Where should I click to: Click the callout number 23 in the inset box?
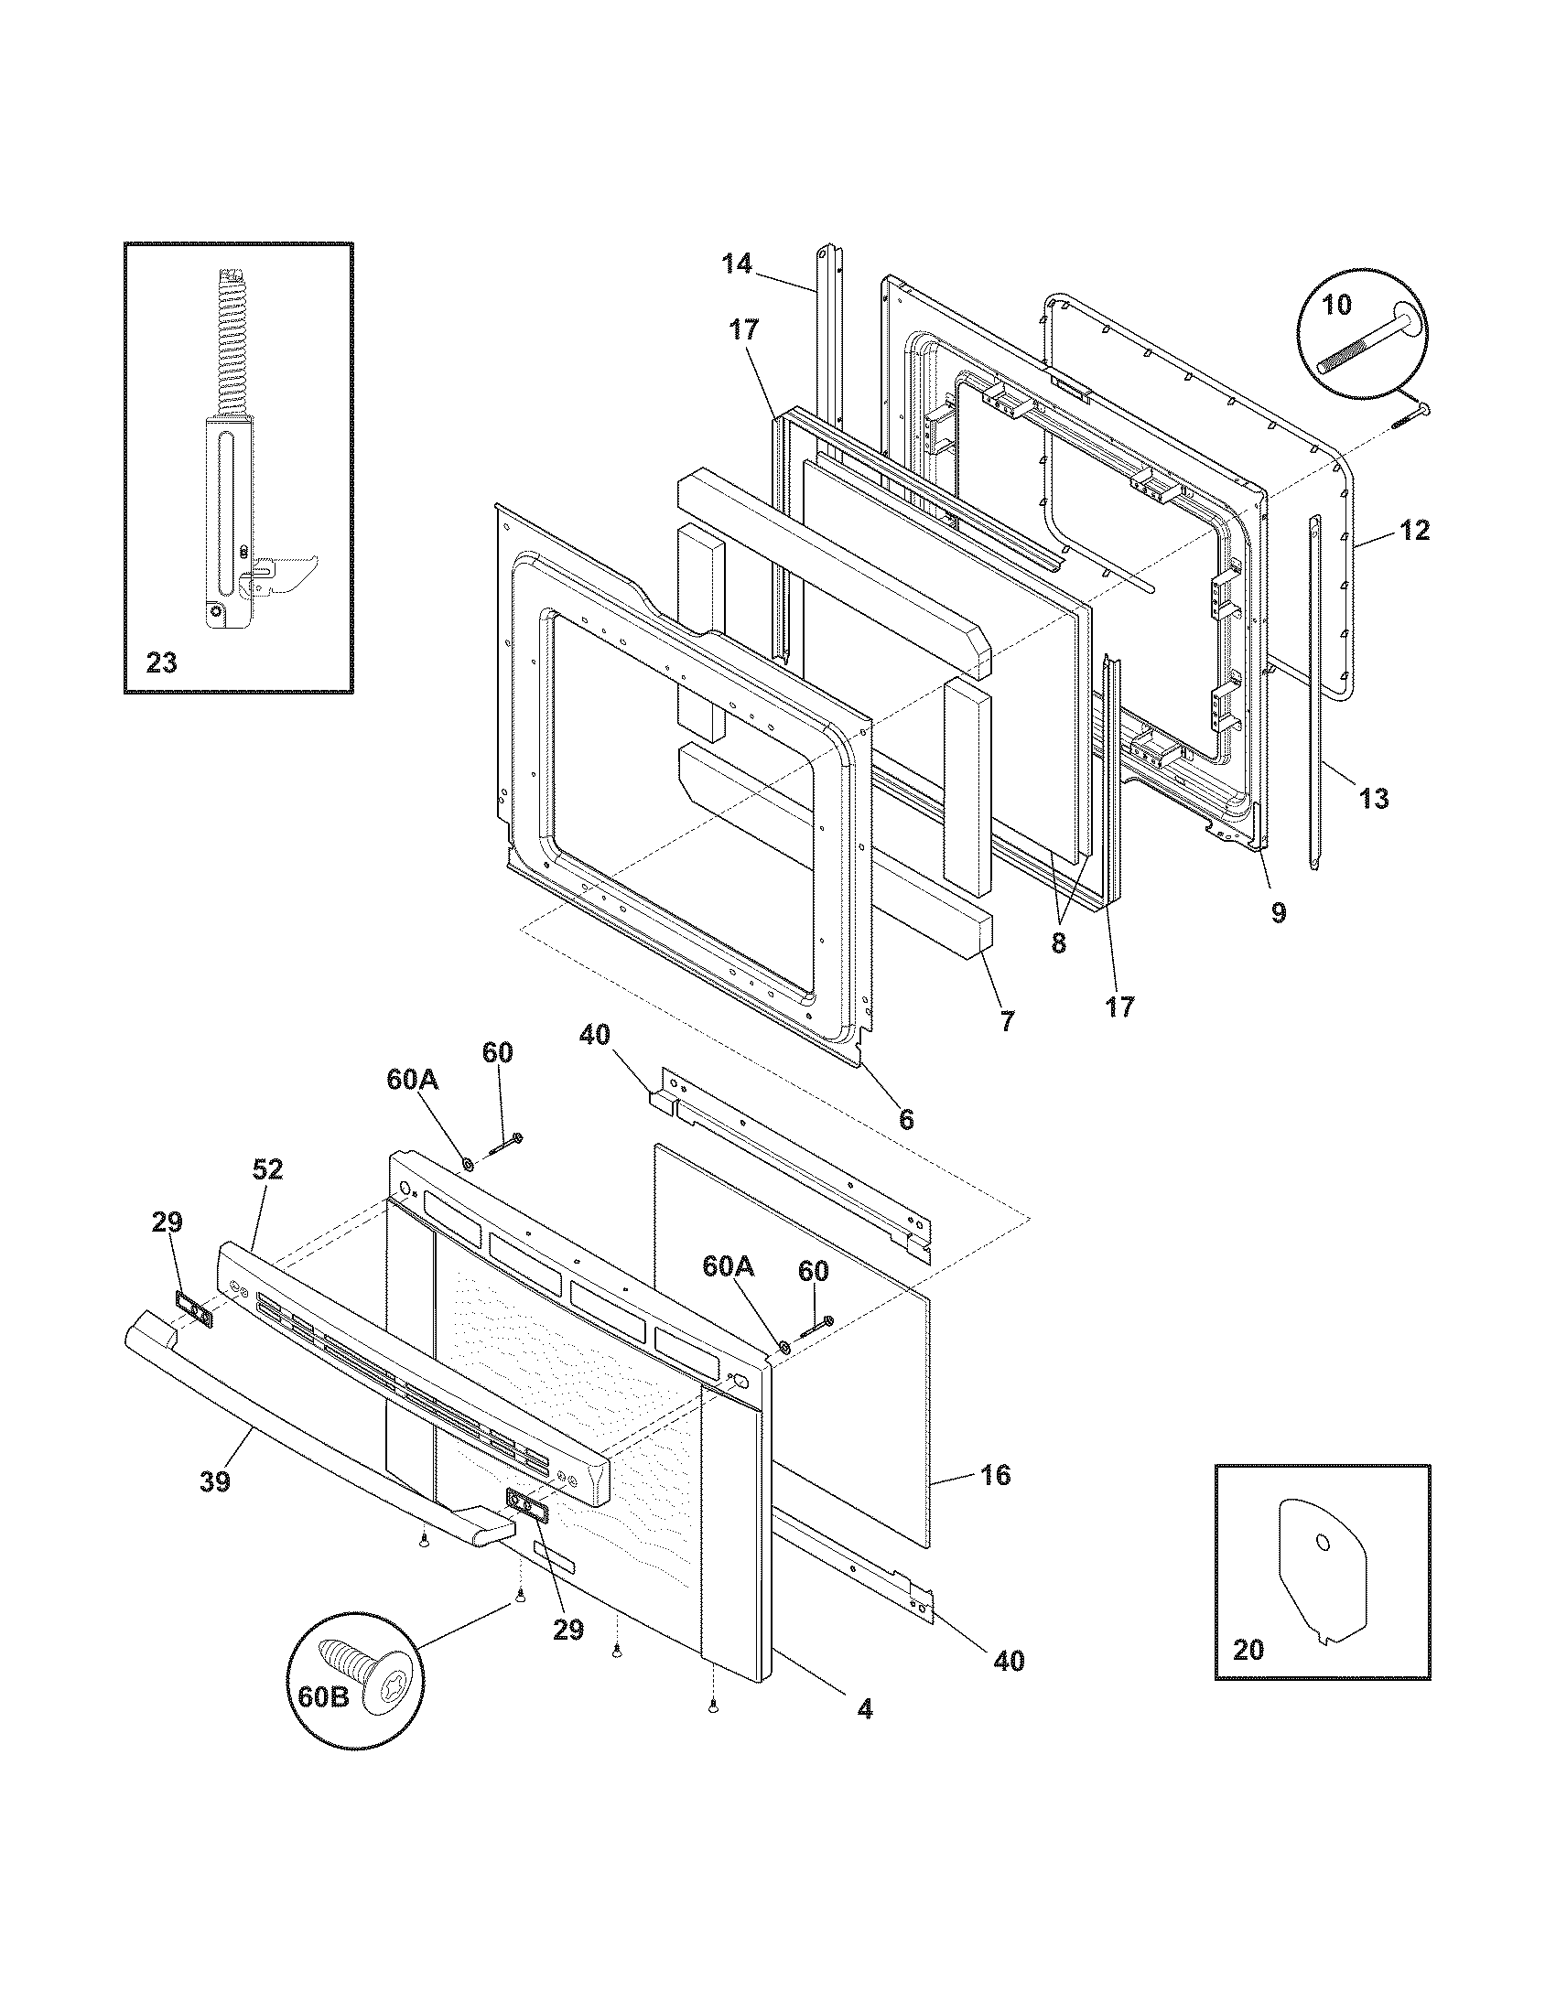pyautogui.click(x=161, y=662)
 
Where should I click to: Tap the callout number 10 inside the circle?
pyautogui.click(x=1336, y=305)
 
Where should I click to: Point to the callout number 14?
pyautogui.click(x=737, y=264)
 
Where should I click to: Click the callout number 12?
pyautogui.click(x=1415, y=530)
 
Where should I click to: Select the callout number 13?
pyautogui.click(x=1374, y=798)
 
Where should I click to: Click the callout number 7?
pyautogui.click(x=1007, y=1020)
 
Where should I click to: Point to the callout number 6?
pyautogui.click(x=906, y=1119)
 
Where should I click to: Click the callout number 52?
pyautogui.click(x=268, y=1169)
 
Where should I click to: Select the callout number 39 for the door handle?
pyautogui.click(x=215, y=1481)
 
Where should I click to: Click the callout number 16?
pyautogui.click(x=996, y=1475)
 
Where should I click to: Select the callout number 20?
pyautogui.click(x=1248, y=1650)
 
